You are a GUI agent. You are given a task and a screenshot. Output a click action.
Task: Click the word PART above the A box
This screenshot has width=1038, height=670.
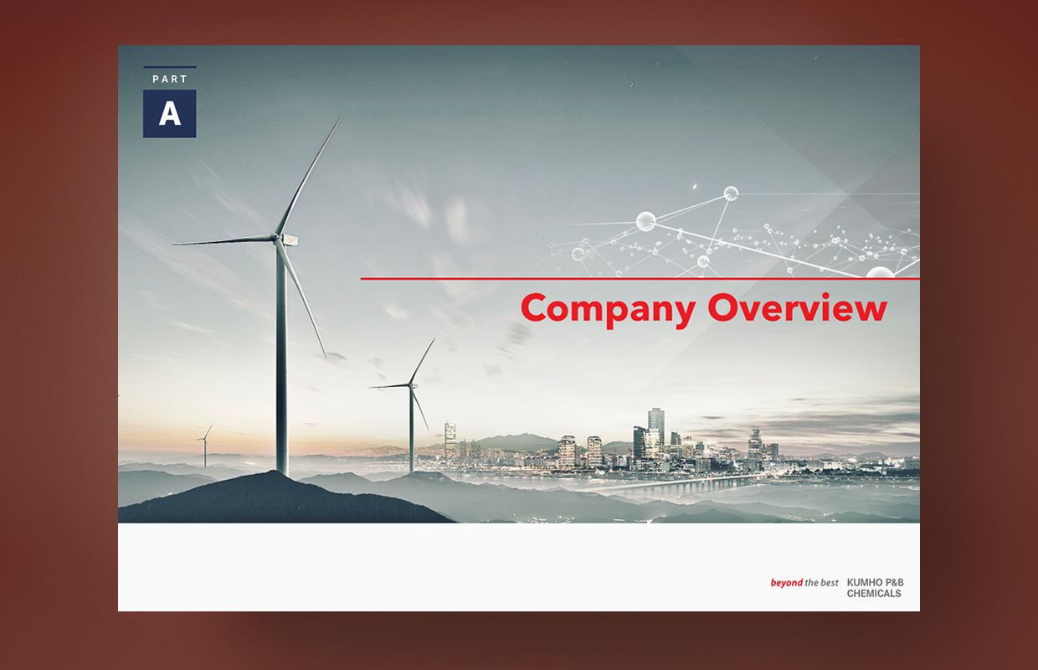coord(170,80)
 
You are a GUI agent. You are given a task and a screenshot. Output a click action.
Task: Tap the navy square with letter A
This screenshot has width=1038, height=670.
coord(170,114)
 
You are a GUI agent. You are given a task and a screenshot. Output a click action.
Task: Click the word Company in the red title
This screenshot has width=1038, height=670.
coord(608,310)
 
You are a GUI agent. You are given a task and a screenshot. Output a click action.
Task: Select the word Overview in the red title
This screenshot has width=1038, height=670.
coord(798,307)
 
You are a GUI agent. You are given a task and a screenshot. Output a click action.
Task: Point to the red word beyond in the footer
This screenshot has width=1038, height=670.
coord(786,582)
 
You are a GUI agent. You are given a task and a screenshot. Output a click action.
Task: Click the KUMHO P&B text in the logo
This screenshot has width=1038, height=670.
coord(876,582)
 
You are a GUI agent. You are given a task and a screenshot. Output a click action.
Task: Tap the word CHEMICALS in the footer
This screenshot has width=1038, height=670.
coord(874,594)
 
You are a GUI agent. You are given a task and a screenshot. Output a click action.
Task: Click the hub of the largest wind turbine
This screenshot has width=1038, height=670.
coord(278,237)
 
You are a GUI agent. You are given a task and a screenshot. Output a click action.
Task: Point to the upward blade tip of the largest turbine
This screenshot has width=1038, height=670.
coord(342,116)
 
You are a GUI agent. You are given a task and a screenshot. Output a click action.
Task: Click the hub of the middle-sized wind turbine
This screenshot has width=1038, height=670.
coord(410,384)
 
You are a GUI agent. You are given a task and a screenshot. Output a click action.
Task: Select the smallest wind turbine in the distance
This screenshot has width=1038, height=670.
coord(205,445)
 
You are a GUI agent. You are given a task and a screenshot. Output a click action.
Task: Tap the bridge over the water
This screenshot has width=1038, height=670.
coord(667,485)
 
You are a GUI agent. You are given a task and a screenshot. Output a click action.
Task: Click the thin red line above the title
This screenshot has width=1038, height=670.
coord(640,279)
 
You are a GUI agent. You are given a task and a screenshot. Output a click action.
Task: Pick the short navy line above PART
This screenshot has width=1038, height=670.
coord(170,67)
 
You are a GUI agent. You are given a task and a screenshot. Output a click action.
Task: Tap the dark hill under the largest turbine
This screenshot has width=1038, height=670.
coord(278,498)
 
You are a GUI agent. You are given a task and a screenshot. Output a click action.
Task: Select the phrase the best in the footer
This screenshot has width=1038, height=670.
coord(821,582)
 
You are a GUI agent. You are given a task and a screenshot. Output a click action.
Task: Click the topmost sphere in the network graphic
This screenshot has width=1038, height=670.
coord(731,193)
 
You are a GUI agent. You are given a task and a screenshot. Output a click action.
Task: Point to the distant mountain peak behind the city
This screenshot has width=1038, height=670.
coord(524,435)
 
